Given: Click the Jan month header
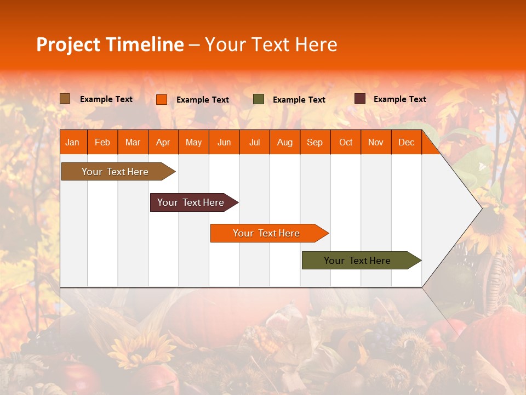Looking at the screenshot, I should (72, 142).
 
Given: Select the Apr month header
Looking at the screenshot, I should (163, 142).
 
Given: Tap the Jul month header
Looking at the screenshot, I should (254, 142).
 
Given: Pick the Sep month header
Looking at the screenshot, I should (315, 142).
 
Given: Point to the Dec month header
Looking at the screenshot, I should (406, 142).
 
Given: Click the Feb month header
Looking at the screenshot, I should (102, 142).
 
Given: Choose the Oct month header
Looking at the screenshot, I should (345, 142).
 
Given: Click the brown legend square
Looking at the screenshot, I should (65, 99).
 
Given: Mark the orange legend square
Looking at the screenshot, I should (161, 99).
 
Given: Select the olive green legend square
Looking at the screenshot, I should (259, 99).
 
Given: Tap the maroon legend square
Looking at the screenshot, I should (360, 99).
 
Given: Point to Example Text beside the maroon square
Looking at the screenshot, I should (399, 99).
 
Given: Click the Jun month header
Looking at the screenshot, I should (224, 142).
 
